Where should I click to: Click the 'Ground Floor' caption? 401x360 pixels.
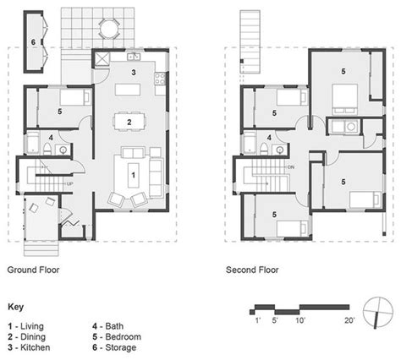pos(33,270)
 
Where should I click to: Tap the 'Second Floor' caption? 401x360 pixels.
pos(252,270)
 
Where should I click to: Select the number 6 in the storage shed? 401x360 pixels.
pos(33,42)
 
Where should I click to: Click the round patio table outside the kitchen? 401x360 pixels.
pos(109,29)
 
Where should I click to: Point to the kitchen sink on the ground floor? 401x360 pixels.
pos(134,57)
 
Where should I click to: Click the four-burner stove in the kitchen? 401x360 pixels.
pos(160,79)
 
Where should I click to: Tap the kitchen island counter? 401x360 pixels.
pos(128,90)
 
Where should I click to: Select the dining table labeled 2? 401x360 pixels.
pos(129,122)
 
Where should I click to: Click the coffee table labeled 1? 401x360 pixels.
pos(134,175)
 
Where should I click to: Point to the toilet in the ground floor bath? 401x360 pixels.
pos(47,148)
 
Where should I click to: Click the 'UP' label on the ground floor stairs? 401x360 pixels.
pos(69,184)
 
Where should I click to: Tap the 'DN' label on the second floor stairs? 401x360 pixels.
pos(291,167)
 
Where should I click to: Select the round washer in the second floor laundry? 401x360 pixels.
pos(351,127)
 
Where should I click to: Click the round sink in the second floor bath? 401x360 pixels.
pos(280,150)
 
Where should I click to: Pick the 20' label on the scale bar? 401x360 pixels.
pos(349,320)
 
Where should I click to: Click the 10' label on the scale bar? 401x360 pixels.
pos(300,320)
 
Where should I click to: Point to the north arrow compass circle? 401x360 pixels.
pos(378,312)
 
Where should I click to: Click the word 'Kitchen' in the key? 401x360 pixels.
pos(36,347)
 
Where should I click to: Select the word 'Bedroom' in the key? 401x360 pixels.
pos(123,336)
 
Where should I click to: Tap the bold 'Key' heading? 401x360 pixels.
pos(16,307)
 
